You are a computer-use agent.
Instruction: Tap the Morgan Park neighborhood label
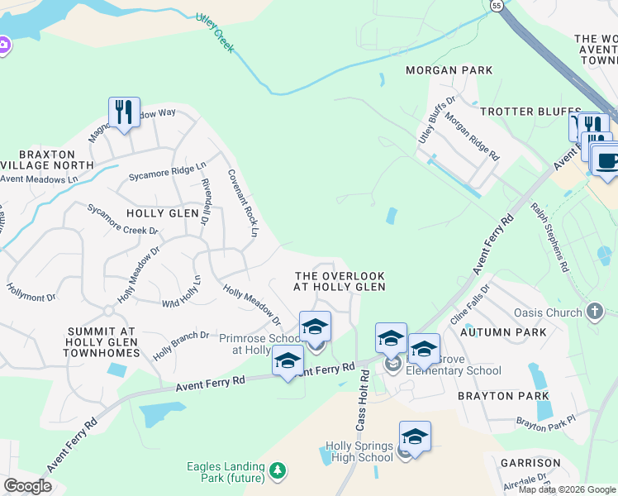[449, 71]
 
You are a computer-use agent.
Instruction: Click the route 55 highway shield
[496, 5]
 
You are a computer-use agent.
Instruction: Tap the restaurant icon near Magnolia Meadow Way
[123, 112]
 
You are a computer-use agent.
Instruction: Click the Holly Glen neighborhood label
[163, 213]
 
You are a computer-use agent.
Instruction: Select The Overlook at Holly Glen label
[340, 281]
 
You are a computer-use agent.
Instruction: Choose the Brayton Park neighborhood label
[497, 397]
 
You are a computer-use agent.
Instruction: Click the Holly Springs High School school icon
[414, 436]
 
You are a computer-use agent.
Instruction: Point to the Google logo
[27, 486]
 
